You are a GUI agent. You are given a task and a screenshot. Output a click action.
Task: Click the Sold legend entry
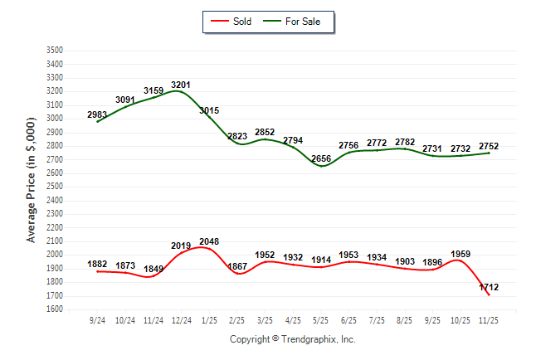click(237, 22)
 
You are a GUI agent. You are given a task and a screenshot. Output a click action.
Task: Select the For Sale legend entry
click(296, 22)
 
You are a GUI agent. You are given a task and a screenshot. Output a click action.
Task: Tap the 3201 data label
click(182, 85)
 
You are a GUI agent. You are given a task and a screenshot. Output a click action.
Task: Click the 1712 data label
click(488, 287)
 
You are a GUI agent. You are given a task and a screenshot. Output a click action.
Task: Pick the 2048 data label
click(209, 241)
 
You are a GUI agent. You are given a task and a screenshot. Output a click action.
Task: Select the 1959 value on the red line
click(460, 254)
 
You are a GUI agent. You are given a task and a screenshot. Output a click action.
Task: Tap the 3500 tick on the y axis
click(56, 51)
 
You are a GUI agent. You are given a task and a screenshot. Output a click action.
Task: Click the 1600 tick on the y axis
click(56, 309)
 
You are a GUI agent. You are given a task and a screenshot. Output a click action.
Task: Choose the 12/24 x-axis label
click(182, 320)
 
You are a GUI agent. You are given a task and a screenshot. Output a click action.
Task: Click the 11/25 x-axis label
click(489, 320)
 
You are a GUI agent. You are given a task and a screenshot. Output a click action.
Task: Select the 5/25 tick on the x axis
click(321, 320)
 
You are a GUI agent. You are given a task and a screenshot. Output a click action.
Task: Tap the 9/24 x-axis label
click(98, 320)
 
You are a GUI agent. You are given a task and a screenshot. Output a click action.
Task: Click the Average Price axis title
click(31, 179)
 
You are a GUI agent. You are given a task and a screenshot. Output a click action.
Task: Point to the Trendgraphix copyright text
click(292, 339)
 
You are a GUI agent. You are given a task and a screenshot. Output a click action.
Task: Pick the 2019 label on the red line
click(181, 246)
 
